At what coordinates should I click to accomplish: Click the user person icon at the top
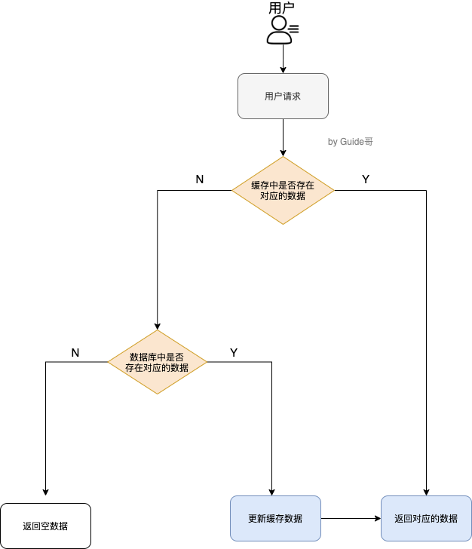(280, 30)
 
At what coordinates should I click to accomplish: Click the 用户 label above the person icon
(281, 8)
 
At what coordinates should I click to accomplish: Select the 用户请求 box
(283, 96)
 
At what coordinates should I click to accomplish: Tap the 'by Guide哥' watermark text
(351, 142)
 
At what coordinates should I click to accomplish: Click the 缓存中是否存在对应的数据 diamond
(283, 190)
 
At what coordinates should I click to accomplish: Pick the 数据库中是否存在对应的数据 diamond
(158, 362)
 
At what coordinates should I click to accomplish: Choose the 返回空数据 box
(45, 526)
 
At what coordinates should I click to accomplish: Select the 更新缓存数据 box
(275, 518)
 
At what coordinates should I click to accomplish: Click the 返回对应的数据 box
(426, 518)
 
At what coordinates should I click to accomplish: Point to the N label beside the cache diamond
(200, 179)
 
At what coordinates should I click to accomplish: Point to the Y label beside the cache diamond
(366, 179)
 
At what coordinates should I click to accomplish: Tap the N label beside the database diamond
(75, 352)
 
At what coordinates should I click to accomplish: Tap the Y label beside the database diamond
(234, 352)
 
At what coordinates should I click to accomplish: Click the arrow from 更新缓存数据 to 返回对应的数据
(351, 518)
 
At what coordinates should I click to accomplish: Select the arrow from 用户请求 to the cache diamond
(283, 137)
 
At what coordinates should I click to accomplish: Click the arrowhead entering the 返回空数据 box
(46, 491)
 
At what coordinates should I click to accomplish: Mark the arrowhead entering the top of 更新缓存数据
(271, 491)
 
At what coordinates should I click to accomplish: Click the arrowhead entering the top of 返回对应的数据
(427, 491)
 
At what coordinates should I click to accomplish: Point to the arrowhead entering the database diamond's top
(158, 325)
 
